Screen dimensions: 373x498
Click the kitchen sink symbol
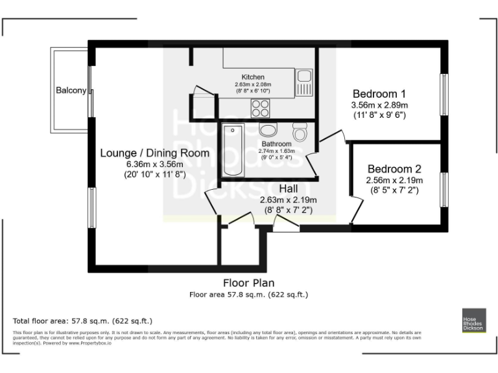(x=304, y=82)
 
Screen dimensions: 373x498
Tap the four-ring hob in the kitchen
(x=261, y=106)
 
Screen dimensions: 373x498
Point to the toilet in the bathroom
(x=300, y=132)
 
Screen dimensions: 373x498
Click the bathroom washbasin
(x=267, y=129)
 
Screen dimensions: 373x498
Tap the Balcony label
(x=71, y=91)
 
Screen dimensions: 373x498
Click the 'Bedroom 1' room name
(x=379, y=93)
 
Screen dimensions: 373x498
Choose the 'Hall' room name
(x=289, y=188)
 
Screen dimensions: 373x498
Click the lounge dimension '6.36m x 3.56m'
(x=155, y=164)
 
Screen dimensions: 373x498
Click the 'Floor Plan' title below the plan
(x=248, y=283)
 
